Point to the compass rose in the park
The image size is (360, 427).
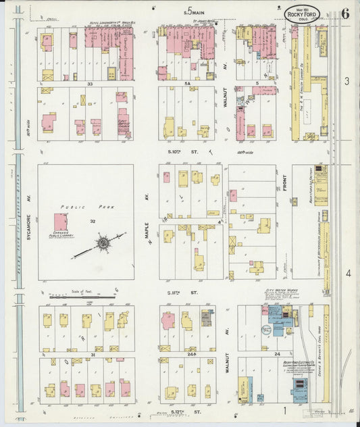pos(103,242)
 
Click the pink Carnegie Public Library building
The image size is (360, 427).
pos(61,222)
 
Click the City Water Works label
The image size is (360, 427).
pos(277,295)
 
